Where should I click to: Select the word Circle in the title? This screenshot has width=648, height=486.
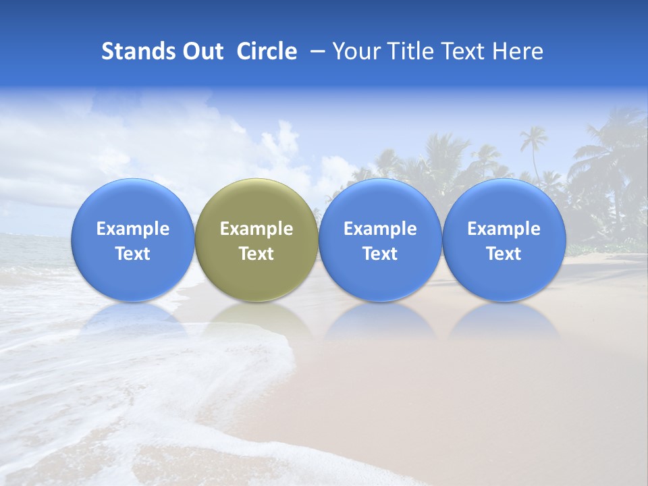[x=267, y=51]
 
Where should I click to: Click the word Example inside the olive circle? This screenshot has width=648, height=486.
[x=256, y=229]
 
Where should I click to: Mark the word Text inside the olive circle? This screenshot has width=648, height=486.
[x=256, y=254]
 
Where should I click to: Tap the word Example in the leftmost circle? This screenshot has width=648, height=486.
[x=133, y=229]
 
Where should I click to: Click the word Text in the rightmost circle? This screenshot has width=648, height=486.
[x=504, y=254]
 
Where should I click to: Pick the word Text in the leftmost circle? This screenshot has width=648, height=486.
[x=133, y=254]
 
